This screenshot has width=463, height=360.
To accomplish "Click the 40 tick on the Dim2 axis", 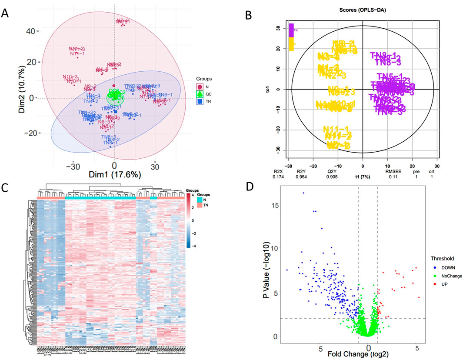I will [31, 31].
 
